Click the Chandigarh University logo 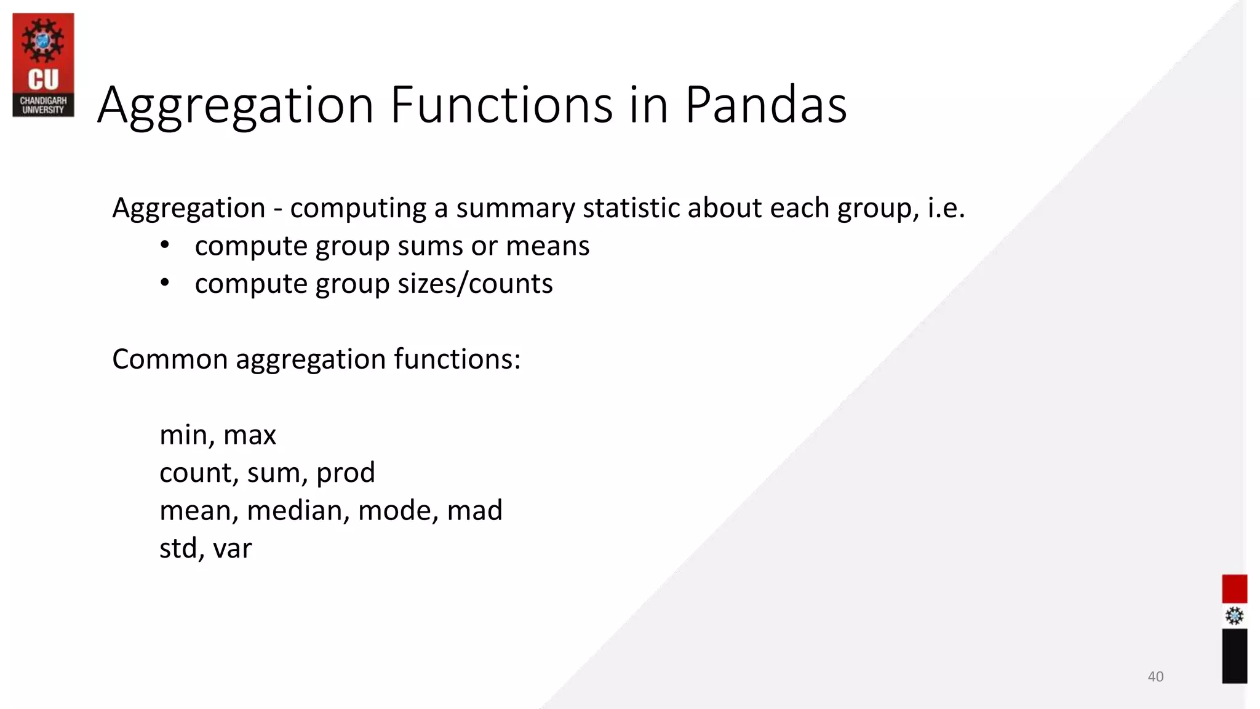coord(43,65)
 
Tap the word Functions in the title coord(501,105)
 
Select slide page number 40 coord(1155,676)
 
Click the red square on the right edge coord(1234,589)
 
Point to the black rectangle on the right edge coord(1234,655)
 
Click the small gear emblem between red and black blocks coord(1234,616)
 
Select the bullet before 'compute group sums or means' coord(164,246)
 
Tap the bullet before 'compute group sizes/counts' coord(164,283)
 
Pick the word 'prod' coord(345,473)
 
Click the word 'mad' coord(474,510)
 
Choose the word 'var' coord(232,548)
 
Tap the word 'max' coord(249,435)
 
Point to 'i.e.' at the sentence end coord(946,208)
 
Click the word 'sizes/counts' coord(475,284)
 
